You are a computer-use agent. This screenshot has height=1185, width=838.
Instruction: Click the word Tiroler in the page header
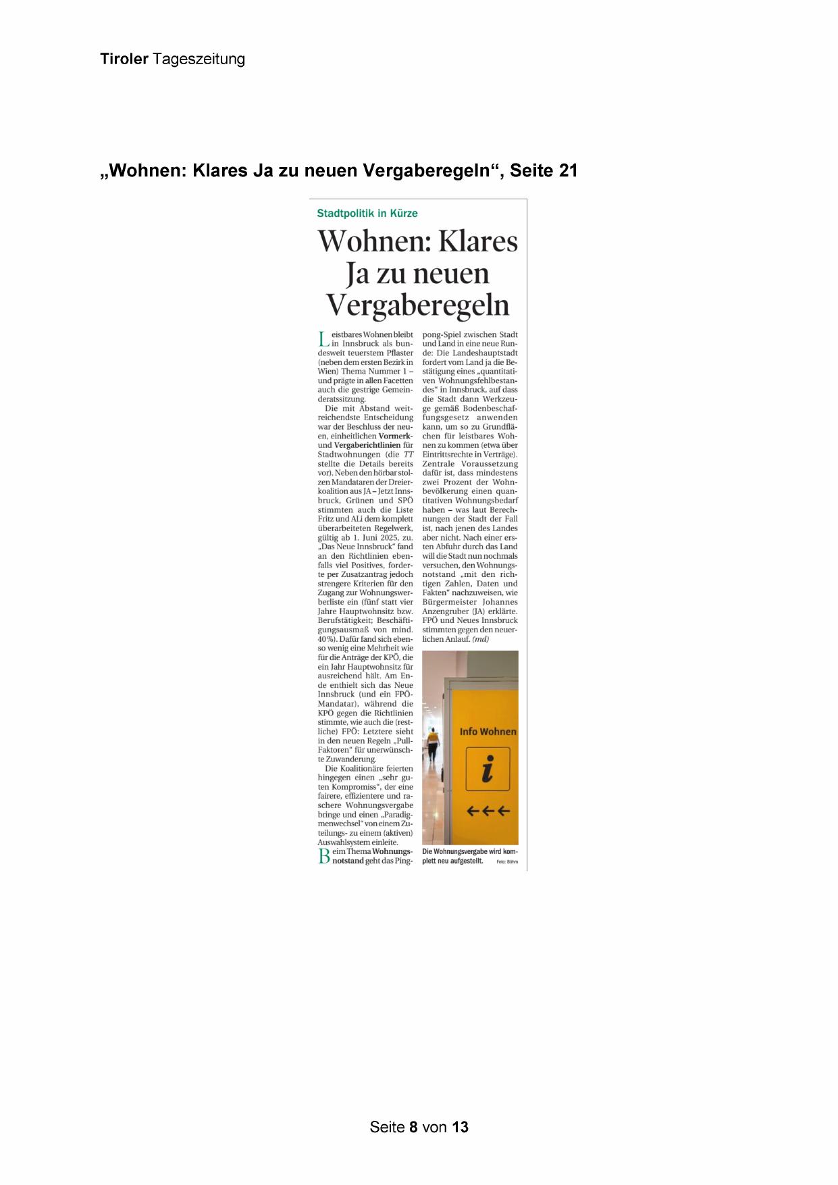point(124,59)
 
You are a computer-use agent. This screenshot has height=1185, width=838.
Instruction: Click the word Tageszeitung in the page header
point(199,59)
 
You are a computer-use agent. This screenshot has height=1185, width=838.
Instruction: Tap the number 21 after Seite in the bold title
point(568,171)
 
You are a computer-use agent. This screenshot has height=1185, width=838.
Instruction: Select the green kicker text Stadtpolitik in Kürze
point(367,213)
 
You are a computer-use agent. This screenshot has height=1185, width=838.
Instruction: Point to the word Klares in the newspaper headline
point(479,241)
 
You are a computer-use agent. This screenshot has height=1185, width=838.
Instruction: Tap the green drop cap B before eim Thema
point(324,857)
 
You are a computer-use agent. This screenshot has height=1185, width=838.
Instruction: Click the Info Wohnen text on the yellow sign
point(488,732)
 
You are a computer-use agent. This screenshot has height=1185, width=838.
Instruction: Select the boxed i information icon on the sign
point(488,769)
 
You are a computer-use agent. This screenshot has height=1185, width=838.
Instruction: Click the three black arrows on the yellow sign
point(488,811)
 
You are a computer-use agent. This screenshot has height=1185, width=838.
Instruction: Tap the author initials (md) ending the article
point(480,638)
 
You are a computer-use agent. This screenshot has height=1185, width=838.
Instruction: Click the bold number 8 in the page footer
point(413,1127)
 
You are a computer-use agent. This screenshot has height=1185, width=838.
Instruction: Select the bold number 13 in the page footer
point(460,1127)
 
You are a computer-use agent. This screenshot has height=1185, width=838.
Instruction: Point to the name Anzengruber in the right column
point(449,611)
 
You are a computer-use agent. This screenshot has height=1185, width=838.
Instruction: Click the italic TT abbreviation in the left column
point(408,455)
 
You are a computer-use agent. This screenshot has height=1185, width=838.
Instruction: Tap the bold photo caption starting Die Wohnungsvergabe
point(469,856)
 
